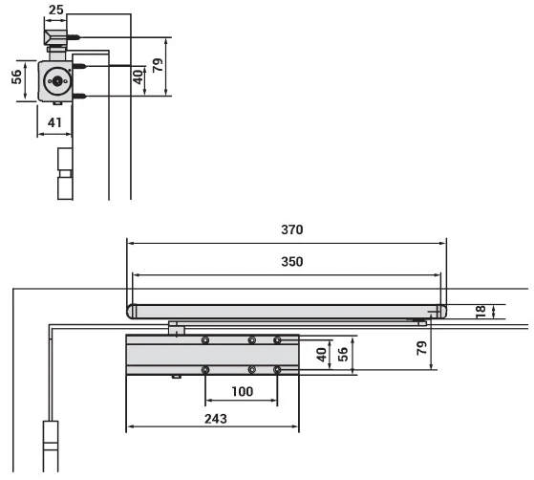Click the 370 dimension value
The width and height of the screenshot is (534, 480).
click(292, 229)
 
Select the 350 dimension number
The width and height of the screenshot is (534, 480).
click(292, 261)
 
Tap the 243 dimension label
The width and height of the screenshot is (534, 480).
click(216, 419)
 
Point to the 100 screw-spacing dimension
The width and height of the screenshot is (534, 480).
click(242, 391)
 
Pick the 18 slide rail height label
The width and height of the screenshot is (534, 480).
click(481, 312)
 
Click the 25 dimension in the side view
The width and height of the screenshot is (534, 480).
click(55, 10)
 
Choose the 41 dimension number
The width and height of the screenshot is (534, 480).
click(54, 122)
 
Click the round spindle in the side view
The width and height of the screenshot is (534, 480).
click(57, 81)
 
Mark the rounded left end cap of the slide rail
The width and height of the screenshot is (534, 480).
click(132, 312)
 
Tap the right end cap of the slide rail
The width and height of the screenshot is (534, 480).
click(441, 312)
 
